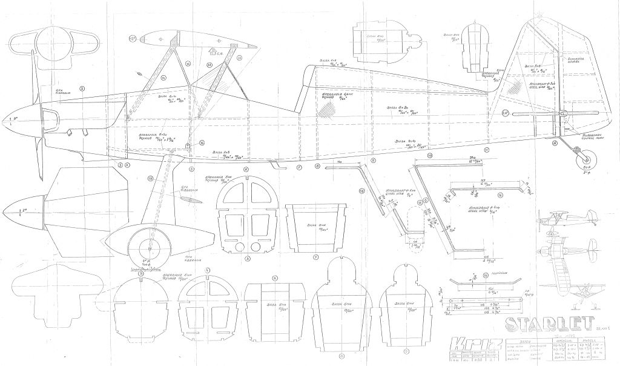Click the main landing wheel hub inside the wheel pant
[145, 246]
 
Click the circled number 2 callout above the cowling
[83, 88]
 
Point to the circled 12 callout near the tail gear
[555, 144]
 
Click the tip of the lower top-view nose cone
[4, 213]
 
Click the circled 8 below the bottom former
[341, 355]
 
